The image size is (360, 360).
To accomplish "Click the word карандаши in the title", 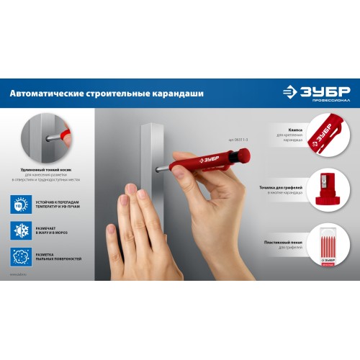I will point(179,94).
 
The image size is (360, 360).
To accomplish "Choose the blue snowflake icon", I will point(19,229).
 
